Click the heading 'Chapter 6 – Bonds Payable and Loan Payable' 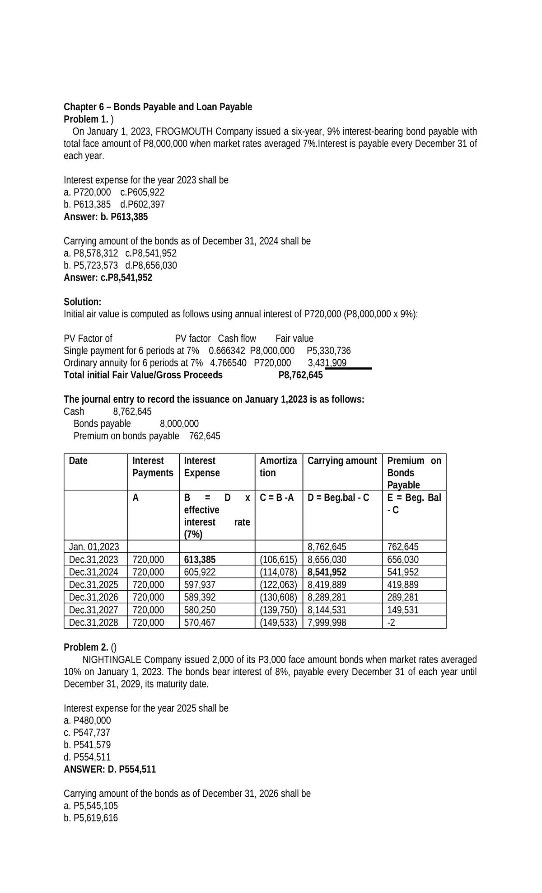[158, 107]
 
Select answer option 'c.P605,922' [142, 192]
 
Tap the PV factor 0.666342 [227, 351]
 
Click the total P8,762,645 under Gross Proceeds [300, 375]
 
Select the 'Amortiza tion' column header [278, 467]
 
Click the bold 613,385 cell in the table [200, 559]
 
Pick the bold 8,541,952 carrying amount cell [327, 572]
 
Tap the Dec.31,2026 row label [93, 597]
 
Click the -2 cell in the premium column [391, 623]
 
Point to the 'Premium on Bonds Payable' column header [414, 472]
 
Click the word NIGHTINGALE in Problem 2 [112, 659]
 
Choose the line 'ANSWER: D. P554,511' [110, 770]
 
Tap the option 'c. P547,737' [87, 733]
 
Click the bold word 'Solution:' [82, 302]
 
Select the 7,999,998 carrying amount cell [327, 623]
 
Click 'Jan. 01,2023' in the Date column [94, 547]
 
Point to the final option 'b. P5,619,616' [91, 818]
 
